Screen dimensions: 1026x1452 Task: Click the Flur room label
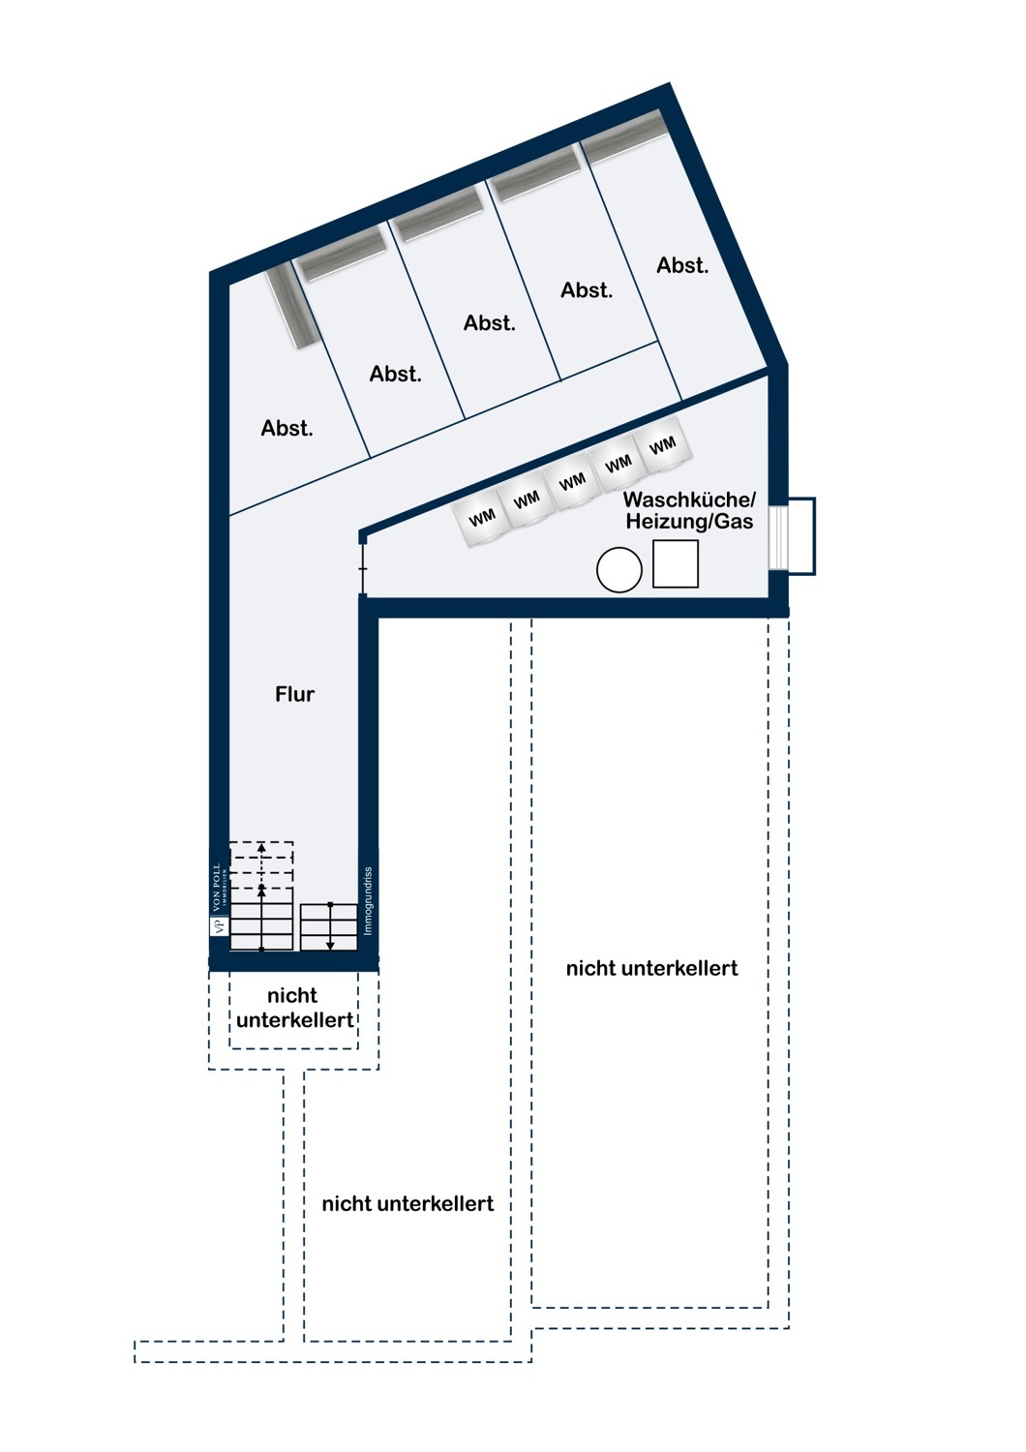click(295, 694)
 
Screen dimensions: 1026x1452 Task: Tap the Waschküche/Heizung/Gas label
click(689, 510)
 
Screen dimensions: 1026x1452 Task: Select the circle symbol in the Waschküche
click(619, 570)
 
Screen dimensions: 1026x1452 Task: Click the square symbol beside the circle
click(676, 564)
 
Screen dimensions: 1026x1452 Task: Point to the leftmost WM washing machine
click(482, 517)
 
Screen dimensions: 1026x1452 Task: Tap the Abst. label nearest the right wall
click(682, 265)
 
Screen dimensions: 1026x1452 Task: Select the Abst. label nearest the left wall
click(287, 428)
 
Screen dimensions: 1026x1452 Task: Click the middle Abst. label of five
click(490, 322)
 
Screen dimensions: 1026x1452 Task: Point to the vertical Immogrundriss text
click(368, 901)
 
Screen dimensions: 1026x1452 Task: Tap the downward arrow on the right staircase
click(330, 926)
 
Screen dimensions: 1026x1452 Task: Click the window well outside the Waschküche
click(801, 535)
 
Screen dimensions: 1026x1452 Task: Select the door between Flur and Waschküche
click(363, 568)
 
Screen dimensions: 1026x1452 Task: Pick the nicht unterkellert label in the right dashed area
click(652, 968)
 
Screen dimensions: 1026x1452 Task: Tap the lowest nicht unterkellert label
click(407, 1204)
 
